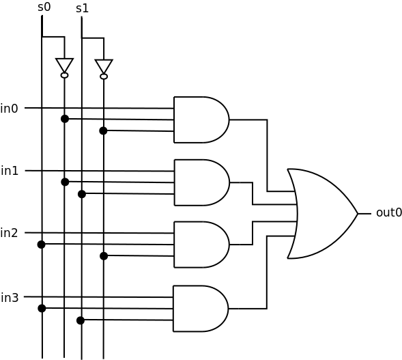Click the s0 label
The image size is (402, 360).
tap(44, 8)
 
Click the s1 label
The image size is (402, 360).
tap(83, 8)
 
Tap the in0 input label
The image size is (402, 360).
tap(10, 109)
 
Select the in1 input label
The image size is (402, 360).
tap(10, 171)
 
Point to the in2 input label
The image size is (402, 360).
tap(10, 233)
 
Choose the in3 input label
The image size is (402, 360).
tap(10, 298)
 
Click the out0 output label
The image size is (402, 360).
tap(388, 212)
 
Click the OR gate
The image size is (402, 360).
tap(322, 214)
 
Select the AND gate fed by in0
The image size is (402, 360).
tap(201, 120)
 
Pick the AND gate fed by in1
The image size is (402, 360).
tap(202, 182)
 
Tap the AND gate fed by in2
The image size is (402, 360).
tap(202, 245)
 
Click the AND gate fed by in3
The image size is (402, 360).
tap(201, 309)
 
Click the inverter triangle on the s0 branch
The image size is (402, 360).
tap(65, 65)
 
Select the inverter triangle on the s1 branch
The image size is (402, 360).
tap(104, 66)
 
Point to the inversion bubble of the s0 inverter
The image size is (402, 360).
tap(65, 75)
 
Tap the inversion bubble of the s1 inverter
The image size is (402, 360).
tap(104, 77)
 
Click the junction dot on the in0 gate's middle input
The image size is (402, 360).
tap(65, 119)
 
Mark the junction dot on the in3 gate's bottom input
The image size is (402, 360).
tap(81, 320)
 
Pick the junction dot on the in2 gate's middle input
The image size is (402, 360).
tap(41, 245)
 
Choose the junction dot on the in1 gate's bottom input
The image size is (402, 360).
tap(82, 194)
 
